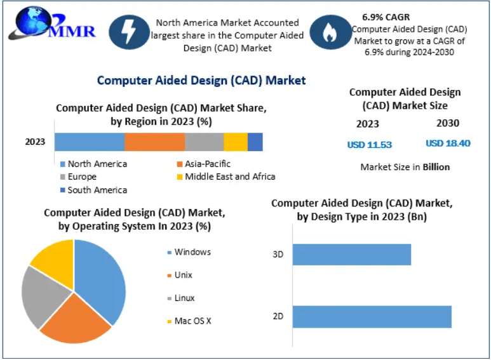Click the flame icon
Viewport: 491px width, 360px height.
pos(329,34)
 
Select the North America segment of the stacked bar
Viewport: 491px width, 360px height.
pos(89,142)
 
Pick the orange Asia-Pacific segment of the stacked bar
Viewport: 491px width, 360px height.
pos(154,142)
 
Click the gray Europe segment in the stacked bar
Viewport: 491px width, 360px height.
pos(204,142)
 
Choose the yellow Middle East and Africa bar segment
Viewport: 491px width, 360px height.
pos(235,142)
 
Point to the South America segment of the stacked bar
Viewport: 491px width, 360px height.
pos(255,142)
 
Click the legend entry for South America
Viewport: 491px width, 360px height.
pos(97,190)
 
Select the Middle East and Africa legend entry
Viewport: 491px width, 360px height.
pos(229,177)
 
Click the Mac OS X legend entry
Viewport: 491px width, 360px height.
pos(192,321)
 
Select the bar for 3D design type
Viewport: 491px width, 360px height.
pos(351,255)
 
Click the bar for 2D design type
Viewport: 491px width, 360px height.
pos(372,317)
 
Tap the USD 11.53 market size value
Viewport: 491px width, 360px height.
pos(369,145)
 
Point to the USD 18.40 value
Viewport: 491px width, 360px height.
pos(447,143)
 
